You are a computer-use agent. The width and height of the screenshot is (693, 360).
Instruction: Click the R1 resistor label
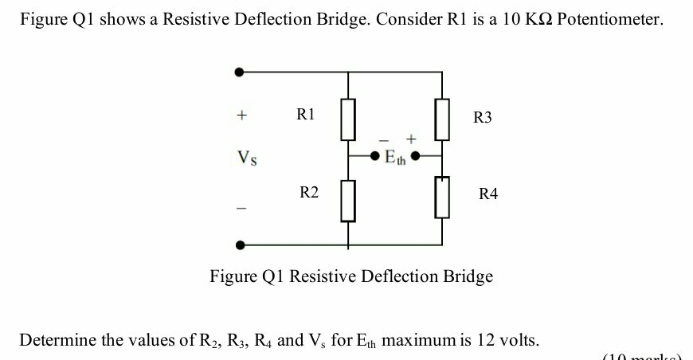[306, 114]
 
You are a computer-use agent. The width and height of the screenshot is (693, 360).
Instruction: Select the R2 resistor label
[309, 192]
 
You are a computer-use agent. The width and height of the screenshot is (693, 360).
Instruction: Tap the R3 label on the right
[483, 118]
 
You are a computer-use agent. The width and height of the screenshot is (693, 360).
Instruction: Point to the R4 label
[487, 194]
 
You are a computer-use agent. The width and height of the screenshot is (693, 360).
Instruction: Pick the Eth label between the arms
[394, 158]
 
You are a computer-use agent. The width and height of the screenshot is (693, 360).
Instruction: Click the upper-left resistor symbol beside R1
[346, 119]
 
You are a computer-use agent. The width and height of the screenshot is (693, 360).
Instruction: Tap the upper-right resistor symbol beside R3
[443, 119]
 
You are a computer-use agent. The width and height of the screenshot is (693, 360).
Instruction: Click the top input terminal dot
[240, 72]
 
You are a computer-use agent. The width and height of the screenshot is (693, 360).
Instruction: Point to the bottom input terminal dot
[240, 245]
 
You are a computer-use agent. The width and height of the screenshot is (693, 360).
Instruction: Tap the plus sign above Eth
[411, 139]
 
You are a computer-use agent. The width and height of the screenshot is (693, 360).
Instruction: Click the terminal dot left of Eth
[376, 156]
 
